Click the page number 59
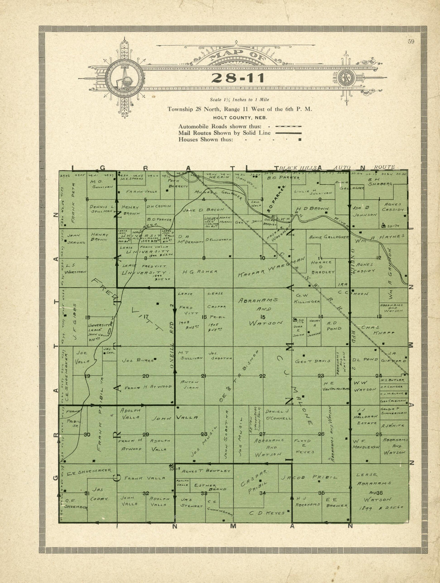pyautogui.click(x=411, y=41)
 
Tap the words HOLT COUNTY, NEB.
pyautogui.click(x=240, y=118)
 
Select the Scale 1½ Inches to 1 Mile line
pyautogui.click(x=240, y=100)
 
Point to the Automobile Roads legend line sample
pyautogui.click(x=291, y=126)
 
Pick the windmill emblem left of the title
pyautogui.click(x=125, y=78)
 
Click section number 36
pyautogui.click(x=379, y=493)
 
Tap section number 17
pyautogui.click(x=146, y=317)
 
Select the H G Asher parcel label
pyautogui.click(x=200, y=272)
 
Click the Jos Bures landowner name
pyautogui.click(x=138, y=360)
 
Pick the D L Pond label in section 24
pyautogui.click(x=365, y=359)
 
